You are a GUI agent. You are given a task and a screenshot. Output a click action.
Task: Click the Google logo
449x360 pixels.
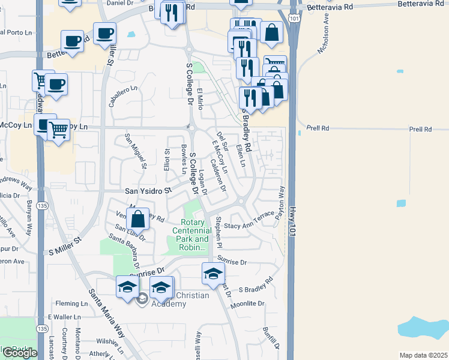coord(19,353)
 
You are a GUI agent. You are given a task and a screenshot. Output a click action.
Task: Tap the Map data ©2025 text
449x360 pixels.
coord(424,355)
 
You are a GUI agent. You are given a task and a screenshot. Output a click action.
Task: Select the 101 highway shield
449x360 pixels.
coord(293,20)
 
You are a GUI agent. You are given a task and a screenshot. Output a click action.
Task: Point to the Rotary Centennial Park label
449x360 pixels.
coord(191,235)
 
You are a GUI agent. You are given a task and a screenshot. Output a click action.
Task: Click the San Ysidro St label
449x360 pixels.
coord(148,191)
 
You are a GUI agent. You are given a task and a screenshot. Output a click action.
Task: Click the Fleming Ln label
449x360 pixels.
coord(71,304)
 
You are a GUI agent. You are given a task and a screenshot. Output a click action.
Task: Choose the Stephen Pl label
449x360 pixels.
coord(219,233)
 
